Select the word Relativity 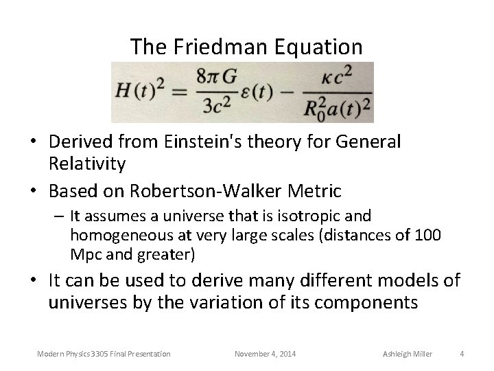87,164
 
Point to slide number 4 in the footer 462,354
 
